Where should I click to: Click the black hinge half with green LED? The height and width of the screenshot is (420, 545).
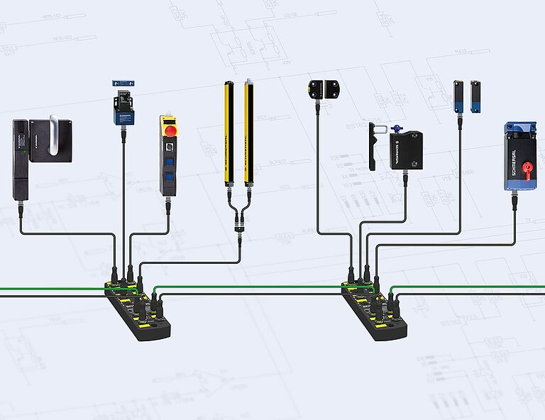coord(314,89)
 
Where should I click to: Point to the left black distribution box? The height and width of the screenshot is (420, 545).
coord(138,309)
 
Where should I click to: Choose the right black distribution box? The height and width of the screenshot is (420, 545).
coord(376,309)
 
